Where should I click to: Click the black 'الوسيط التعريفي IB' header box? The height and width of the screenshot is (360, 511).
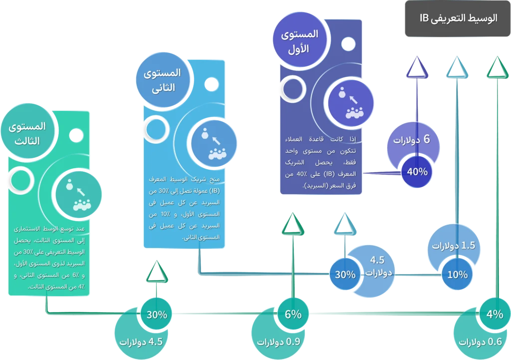click(458, 19)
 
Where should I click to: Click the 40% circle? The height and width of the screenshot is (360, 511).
click(417, 172)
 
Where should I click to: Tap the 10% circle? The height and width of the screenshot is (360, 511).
click(457, 274)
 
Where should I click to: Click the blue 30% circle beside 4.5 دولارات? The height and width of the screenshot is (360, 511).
click(345, 274)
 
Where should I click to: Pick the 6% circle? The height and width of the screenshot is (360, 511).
click(293, 314)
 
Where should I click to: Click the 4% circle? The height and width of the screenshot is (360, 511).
click(495, 314)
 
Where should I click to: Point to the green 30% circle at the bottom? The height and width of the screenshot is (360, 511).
click(156, 314)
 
